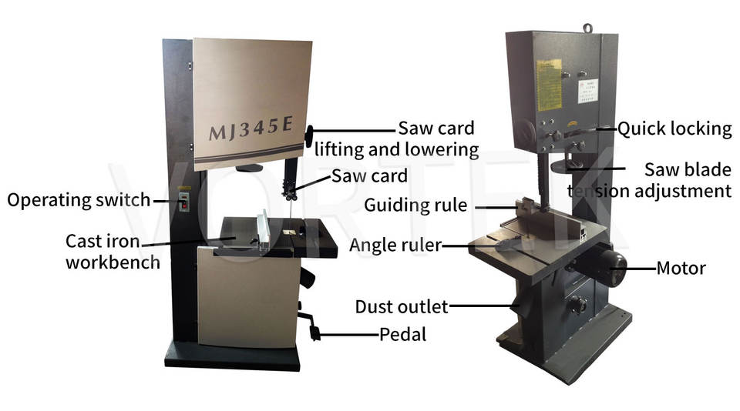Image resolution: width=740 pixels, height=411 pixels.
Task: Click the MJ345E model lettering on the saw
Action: pos(251,131)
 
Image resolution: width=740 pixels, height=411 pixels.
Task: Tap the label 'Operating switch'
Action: pos(79,200)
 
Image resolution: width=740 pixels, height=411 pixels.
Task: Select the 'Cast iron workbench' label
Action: pos(113,252)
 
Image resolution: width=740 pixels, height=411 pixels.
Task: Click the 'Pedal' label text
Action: pos(402,334)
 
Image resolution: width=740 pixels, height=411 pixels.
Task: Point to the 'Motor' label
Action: pos(681,269)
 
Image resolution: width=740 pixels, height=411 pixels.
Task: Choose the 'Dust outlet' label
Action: pos(401,306)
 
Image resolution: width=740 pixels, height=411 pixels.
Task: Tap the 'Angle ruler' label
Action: pos(395,245)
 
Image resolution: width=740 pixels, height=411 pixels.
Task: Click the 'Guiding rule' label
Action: pos(415,205)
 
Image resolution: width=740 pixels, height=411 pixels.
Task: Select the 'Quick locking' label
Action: pos(674,129)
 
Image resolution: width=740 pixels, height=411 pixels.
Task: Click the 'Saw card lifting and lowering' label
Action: pos(436,138)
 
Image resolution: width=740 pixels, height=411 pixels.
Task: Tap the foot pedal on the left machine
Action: pos(313,332)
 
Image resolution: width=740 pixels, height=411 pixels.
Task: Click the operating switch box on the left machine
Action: pos(184,202)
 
